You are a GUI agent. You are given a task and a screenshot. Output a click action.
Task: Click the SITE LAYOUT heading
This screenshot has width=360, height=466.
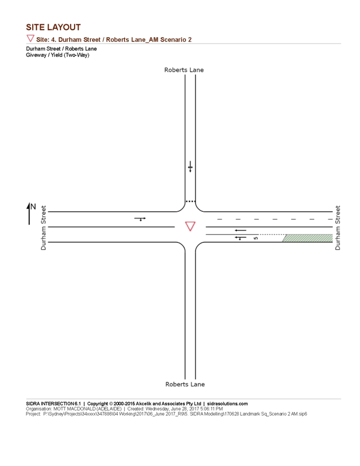(53, 27)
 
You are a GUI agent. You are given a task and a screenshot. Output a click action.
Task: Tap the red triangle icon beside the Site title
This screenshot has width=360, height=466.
(31, 38)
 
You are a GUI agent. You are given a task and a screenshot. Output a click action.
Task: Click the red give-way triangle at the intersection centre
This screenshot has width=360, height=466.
(190, 226)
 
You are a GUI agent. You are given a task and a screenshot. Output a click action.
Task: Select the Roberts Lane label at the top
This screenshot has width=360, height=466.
(184, 70)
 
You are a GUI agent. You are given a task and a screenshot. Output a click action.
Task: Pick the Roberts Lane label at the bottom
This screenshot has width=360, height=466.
(185, 384)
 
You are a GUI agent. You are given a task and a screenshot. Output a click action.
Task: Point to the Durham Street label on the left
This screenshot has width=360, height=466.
(44, 228)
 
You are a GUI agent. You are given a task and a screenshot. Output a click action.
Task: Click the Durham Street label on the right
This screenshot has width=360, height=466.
(337, 228)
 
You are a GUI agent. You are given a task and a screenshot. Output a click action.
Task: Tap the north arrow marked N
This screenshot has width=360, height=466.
(31, 214)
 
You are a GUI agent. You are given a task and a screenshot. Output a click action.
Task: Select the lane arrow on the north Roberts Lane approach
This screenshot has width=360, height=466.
(190, 167)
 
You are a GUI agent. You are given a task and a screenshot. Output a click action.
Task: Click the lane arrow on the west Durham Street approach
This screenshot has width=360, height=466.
(140, 219)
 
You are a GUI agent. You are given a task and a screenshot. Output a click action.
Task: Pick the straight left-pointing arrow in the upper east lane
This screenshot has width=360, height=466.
(241, 230)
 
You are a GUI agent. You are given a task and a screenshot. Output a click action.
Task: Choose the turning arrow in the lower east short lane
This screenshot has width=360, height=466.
(241, 238)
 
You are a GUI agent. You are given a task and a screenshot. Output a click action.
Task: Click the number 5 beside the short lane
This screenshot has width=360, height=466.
(255, 238)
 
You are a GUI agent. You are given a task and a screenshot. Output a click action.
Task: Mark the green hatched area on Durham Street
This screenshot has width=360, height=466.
(307, 238)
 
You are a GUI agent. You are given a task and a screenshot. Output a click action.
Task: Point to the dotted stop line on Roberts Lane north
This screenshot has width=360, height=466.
(190, 202)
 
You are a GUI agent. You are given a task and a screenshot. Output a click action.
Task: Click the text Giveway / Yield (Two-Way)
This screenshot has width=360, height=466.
(58, 55)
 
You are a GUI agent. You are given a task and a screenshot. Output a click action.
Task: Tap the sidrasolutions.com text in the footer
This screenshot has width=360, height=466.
(227, 404)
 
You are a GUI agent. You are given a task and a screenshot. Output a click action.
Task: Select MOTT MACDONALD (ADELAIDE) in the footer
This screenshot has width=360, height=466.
(88, 408)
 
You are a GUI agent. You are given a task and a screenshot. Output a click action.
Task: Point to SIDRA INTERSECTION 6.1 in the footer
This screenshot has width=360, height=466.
(53, 404)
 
